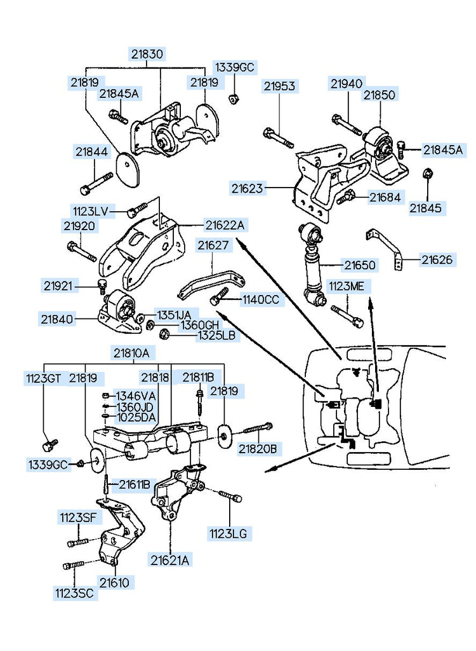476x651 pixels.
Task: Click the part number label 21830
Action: pos(147,54)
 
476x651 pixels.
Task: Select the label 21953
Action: pos(280,86)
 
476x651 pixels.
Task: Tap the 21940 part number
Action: pos(346,83)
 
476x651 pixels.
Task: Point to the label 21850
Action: pos(379,95)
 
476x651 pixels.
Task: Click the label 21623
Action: pos(247,188)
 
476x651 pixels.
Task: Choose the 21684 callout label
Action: pos(385,198)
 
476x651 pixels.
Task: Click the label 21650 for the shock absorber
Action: pos(360,264)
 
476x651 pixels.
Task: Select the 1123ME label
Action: pos(346,287)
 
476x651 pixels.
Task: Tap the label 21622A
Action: pos(224,224)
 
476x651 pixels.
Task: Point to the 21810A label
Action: pos(132,352)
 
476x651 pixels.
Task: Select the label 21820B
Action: pos(258,449)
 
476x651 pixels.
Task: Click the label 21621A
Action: pos(170,559)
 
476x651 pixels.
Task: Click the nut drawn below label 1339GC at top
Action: pos(234,97)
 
